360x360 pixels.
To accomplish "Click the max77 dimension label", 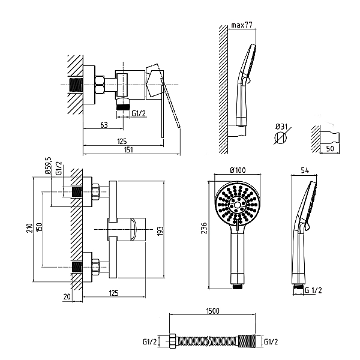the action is coord(242,25).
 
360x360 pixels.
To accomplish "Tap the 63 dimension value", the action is coord(104,125).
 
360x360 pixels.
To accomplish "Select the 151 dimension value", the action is coord(128,149).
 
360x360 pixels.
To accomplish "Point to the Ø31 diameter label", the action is coord(281,127).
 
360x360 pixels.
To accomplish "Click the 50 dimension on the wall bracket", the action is coord(330,149).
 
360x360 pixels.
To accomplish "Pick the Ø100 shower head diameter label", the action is coord(238,170).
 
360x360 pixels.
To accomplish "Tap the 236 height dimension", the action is coord(204,228).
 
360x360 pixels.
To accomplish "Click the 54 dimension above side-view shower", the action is coord(305,170).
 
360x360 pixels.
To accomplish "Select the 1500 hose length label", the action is coord(213,311).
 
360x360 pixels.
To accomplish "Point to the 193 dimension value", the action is coord(160,231).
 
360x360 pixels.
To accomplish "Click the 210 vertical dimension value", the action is coord(29,228).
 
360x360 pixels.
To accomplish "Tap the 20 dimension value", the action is coord(67,296).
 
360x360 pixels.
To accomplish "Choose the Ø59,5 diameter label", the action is coord(49,166).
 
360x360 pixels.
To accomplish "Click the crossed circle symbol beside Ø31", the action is coord(281,138).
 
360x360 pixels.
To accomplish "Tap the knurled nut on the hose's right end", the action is coord(247,341).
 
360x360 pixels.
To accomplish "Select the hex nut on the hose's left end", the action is coord(173,341).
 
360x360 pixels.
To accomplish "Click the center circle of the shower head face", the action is coord(238,204).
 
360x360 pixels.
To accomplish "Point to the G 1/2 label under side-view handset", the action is coord(313,290).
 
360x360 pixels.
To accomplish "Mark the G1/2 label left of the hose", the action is coord(149,341).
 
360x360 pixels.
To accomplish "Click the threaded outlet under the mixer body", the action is coord(123,106).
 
